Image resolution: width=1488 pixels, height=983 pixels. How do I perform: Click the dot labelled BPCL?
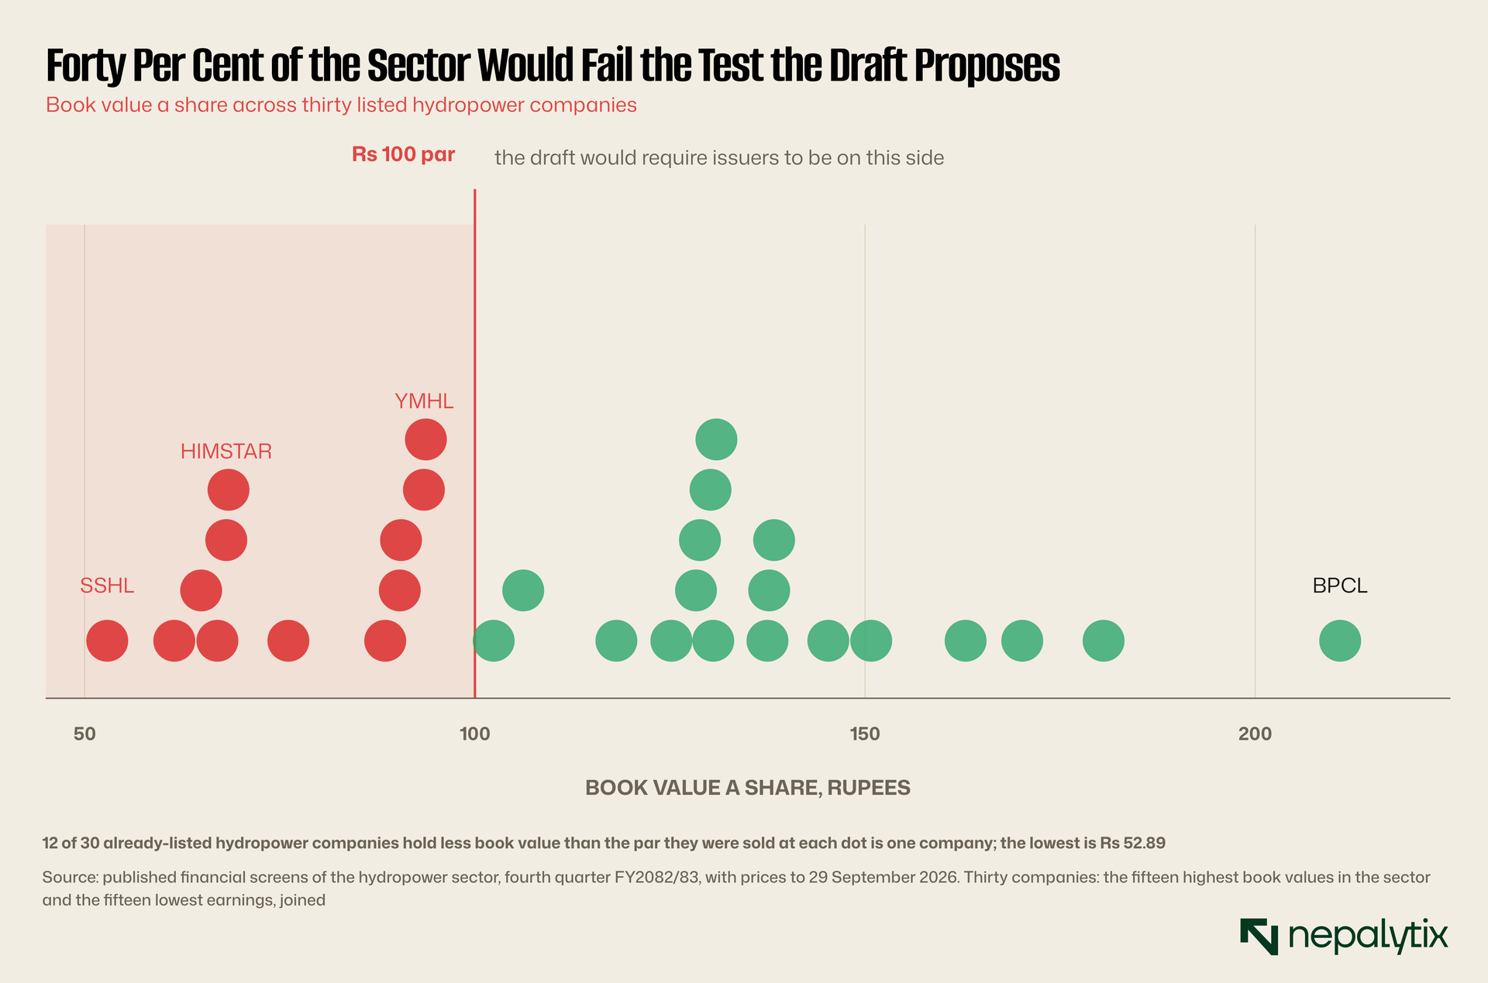click(1340, 641)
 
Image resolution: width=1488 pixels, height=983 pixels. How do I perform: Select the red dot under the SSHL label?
click(107, 641)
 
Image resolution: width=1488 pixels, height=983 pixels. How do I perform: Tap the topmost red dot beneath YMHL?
click(425, 440)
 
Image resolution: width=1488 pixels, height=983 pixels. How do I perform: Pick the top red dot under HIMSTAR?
click(229, 490)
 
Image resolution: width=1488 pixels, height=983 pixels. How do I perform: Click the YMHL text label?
click(424, 401)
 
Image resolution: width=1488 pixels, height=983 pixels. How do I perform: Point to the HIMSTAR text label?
click(226, 452)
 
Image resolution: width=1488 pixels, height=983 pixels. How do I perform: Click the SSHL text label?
click(107, 586)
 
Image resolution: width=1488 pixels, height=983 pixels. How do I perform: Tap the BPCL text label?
click(1340, 586)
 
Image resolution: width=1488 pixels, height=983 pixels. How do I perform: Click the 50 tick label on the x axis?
click(84, 734)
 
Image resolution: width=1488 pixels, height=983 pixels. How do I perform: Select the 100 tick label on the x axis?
click(474, 734)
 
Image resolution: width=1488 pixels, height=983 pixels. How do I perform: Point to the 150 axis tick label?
click(865, 734)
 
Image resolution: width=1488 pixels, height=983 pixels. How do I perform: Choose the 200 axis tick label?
click(1255, 734)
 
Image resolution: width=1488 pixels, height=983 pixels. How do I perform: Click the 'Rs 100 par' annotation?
click(403, 155)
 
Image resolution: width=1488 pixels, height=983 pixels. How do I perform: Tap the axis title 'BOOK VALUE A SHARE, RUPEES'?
click(748, 788)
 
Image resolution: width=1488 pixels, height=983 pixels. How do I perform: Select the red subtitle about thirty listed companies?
click(341, 105)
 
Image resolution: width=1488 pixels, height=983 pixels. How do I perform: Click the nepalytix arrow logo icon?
click(1259, 937)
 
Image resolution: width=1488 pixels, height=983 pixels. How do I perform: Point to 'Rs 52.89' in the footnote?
click(1132, 843)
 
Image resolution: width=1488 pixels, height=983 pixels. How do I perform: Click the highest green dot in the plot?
click(716, 440)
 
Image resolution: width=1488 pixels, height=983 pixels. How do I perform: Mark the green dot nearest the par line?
click(494, 641)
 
